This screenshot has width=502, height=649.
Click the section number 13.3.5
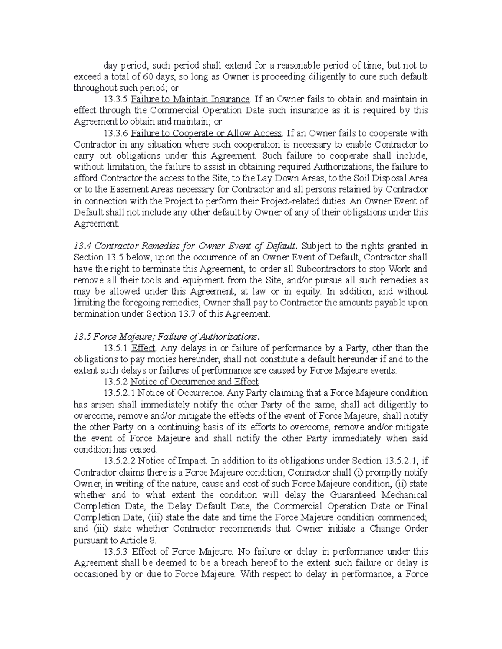tap(116, 99)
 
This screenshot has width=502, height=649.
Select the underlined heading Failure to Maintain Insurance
tap(190, 99)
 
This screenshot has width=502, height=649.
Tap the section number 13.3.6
tap(116, 133)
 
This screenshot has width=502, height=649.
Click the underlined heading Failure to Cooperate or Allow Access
tap(207, 133)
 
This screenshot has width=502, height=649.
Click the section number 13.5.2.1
tap(120, 393)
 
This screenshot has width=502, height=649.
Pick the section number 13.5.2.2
tap(120, 461)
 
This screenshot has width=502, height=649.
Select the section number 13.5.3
tap(116, 552)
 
